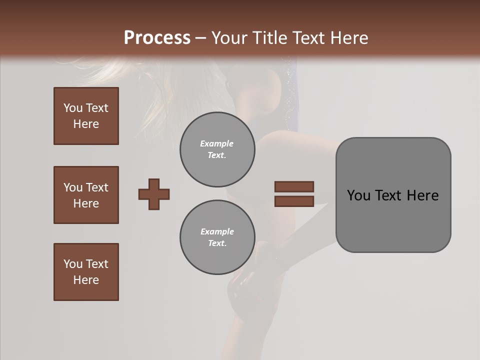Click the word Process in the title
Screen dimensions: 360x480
tap(157, 38)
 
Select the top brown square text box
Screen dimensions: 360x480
tap(86, 116)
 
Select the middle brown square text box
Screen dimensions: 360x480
tap(86, 195)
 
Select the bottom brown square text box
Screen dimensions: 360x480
tap(86, 272)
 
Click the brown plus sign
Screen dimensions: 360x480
tap(154, 194)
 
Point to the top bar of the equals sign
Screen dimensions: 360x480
tap(294, 186)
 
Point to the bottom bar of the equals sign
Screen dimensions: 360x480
tap(294, 201)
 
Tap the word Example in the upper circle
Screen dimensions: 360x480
tap(216, 143)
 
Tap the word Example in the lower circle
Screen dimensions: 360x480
tap(217, 231)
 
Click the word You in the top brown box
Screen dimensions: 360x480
tap(72, 108)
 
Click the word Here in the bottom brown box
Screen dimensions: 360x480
tap(86, 280)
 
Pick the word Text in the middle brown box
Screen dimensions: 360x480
tap(96, 187)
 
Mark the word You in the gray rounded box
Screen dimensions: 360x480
tap(358, 195)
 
